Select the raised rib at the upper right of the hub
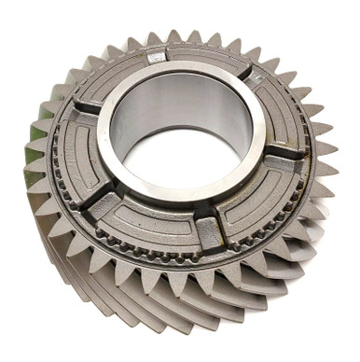pos(242,70)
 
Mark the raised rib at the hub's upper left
pos(86,104)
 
